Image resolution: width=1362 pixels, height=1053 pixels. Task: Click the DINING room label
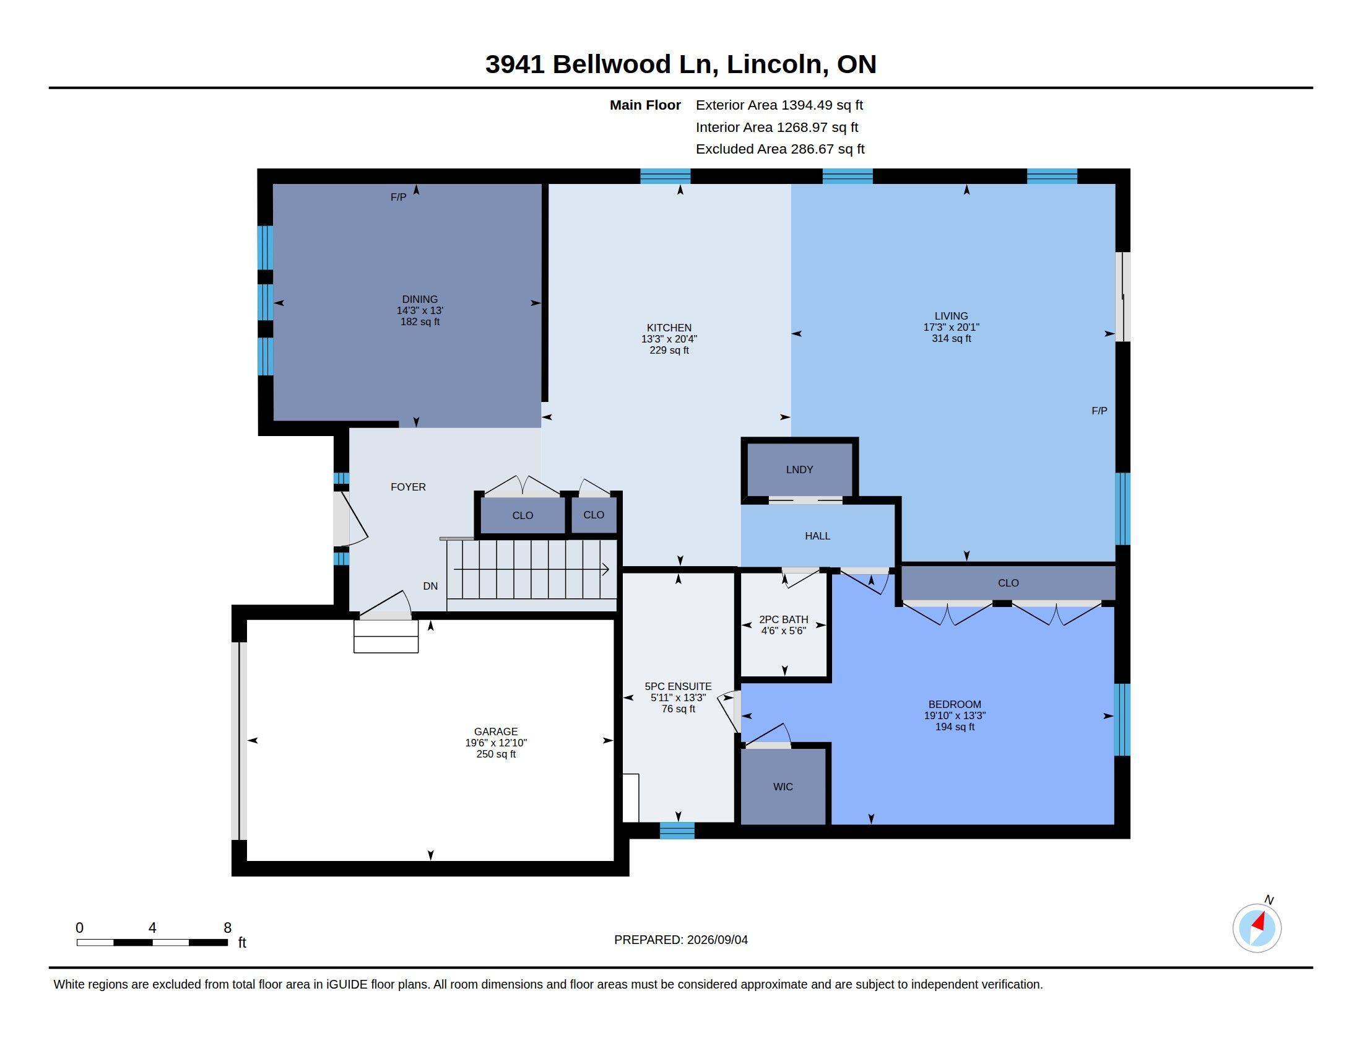coord(420,299)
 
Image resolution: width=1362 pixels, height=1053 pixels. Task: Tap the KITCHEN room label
coord(669,328)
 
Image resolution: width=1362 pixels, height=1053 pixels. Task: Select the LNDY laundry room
coord(799,470)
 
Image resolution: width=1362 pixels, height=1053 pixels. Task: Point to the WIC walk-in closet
coord(783,787)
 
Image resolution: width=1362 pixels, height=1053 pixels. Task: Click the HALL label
coord(818,536)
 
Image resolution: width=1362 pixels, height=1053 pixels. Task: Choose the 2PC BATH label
coord(784,619)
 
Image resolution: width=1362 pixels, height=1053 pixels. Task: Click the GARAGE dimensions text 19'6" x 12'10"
coord(496,743)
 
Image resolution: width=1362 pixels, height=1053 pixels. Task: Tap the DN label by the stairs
coord(430,587)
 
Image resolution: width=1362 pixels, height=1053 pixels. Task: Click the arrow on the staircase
coord(531,569)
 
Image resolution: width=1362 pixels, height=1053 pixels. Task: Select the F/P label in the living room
coord(1100,411)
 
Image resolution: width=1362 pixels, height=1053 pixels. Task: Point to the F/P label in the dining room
coord(399,197)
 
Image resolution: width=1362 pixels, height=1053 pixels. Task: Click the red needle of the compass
coord(1260,922)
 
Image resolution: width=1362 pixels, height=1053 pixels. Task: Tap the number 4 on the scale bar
coord(152,928)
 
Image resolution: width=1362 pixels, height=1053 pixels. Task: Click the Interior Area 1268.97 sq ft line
coord(777,127)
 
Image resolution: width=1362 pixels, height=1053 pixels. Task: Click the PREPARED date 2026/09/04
coord(717,940)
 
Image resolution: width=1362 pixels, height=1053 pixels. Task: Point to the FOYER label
coord(409,487)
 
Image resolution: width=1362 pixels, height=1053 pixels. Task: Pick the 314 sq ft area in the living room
coord(952,339)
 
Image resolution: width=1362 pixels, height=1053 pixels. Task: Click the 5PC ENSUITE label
coord(679,686)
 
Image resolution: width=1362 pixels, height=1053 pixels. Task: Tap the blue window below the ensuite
coord(677,830)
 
